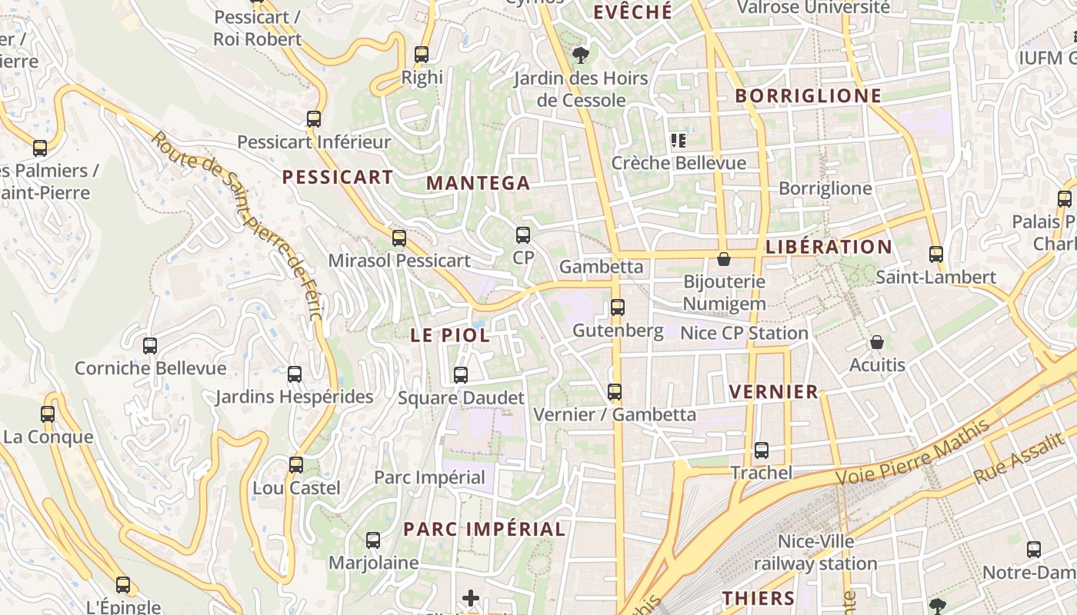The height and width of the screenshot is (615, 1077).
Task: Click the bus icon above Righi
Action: click(x=422, y=55)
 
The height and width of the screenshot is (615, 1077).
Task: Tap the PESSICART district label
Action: click(x=338, y=178)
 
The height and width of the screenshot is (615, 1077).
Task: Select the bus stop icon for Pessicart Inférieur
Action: click(x=314, y=119)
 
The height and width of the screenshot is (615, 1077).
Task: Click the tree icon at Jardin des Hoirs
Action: click(x=581, y=55)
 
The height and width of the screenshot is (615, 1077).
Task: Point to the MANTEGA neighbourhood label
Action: click(x=478, y=183)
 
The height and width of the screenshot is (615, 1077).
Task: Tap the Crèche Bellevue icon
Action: click(x=678, y=141)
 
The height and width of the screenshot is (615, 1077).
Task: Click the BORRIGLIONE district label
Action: click(x=808, y=96)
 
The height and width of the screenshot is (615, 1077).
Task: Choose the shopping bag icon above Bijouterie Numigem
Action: click(x=723, y=259)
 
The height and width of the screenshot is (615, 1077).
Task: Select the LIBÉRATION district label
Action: click(x=829, y=247)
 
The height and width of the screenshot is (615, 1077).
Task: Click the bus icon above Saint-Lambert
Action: click(x=936, y=254)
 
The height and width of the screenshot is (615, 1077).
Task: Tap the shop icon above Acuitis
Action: click(x=877, y=342)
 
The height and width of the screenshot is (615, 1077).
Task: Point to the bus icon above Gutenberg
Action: click(x=618, y=308)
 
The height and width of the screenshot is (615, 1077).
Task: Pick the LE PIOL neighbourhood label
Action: click(x=450, y=335)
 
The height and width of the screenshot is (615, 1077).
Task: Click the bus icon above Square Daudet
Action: click(x=461, y=375)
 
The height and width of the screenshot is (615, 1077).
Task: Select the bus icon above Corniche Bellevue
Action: click(x=150, y=346)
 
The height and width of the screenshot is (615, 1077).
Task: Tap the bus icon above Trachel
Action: click(x=762, y=450)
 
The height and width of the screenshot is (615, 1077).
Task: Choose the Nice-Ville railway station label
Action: click(x=815, y=553)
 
